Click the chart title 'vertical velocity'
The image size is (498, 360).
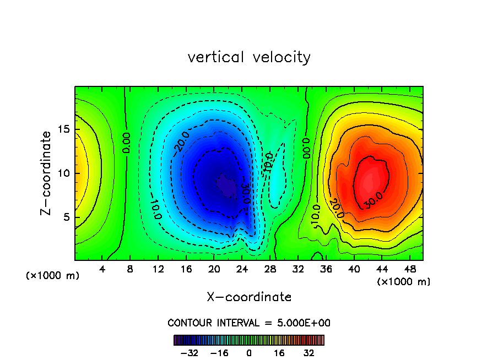click(249, 57)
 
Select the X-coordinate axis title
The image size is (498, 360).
click(249, 297)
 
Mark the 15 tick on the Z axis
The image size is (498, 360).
click(64, 129)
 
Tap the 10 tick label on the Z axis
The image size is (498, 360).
click(64, 173)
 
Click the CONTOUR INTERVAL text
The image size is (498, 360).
click(249, 323)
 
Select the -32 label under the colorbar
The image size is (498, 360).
click(189, 352)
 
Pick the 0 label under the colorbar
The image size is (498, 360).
click(249, 352)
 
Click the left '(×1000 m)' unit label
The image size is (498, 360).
click(53, 276)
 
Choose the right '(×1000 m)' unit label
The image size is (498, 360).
click(404, 282)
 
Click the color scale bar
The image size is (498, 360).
click(249, 340)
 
